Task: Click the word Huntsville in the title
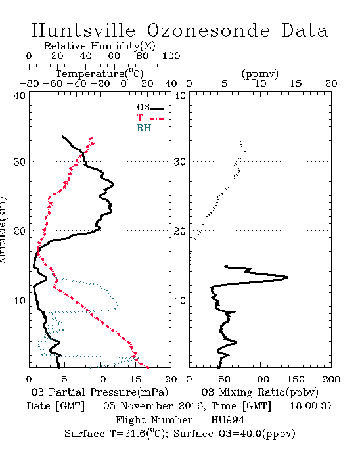coord(83,30)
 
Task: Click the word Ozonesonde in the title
coord(208,30)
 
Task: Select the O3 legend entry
coord(150,108)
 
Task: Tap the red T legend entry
coord(150,118)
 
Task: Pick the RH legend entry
coord(150,128)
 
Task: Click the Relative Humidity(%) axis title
coord(100,46)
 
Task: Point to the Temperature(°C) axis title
coord(100,74)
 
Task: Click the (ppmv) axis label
coord(260,74)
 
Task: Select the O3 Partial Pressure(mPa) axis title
coord(100,392)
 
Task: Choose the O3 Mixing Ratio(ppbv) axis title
coord(260,392)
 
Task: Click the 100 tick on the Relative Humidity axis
coord(171,56)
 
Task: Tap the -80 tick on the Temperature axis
coord(29,83)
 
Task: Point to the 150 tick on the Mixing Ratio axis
coord(296,379)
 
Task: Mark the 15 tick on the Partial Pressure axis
coord(135,379)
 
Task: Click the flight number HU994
coord(227,420)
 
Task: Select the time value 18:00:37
coord(311,406)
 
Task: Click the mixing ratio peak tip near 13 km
coord(287,277)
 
